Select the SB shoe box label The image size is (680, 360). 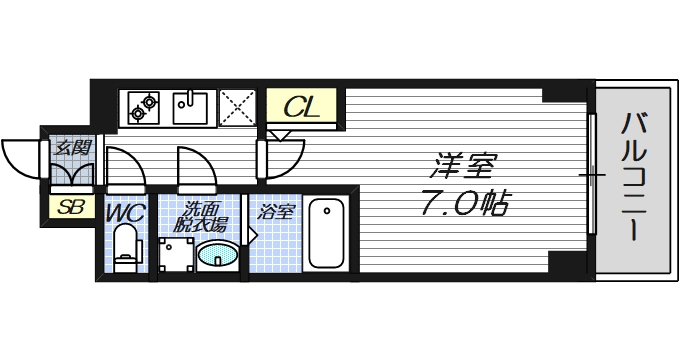pos(70,208)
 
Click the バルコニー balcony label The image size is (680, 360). pos(632,180)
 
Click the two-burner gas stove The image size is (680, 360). pos(144,106)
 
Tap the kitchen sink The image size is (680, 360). pos(192,106)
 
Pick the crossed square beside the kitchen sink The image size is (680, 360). pos(238,106)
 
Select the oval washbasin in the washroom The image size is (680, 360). pos(217,257)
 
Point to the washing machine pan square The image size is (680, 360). pos(176,255)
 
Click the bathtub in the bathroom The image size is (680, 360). pos(325,234)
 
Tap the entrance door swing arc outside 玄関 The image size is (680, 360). pos(20,155)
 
